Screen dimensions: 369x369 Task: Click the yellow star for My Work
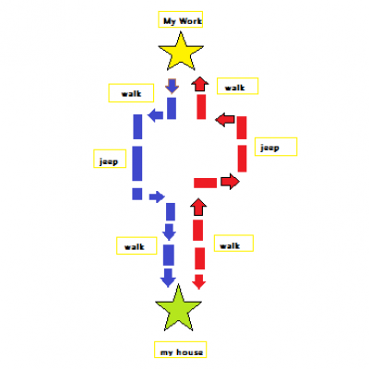pyautogui.click(x=181, y=53)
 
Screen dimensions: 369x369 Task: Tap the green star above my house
pyautogui.click(x=178, y=308)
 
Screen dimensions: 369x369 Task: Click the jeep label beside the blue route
pyautogui.click(x=109, y=161)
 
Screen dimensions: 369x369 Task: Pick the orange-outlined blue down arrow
pyautogui.click(x=172, y=86)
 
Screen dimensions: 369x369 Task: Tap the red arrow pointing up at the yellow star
pyautogui.click(x=200, y=84)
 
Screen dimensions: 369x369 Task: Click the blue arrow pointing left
pyautogui.click(x=156, y=115)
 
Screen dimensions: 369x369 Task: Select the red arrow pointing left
pyautogui.click(x=225, y=119)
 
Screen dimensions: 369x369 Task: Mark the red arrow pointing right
pyautogui.click(x=230, y=182)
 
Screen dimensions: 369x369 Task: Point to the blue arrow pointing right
pyautogui.click(x=157, y=196)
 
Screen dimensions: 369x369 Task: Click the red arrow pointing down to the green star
pyautogui.click(x=199, y=281)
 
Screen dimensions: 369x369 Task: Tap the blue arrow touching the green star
pyautogui.click(x=168, y=278)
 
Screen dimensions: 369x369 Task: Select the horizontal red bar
pyautogui.click(x=205, y=183)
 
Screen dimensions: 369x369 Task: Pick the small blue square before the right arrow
pyautogui.click(x=137, y=194)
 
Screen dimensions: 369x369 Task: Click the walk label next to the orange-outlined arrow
pyautogui.click(x=131, y=93)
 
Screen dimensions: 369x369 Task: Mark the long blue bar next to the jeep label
pyautogui.click(x=137, y=163)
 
